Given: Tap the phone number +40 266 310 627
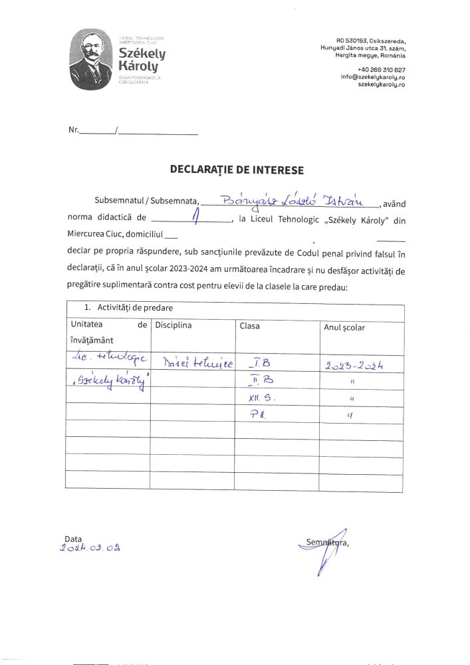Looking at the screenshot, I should point(381,70).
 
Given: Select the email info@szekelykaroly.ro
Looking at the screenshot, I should point(373,77).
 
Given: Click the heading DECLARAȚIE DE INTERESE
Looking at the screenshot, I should point(237,170).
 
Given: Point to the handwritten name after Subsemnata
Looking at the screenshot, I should point(293,198).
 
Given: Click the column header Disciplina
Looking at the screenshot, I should point(174,326).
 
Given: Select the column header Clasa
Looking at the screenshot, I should point(251,327).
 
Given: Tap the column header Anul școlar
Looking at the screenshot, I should point(344,327).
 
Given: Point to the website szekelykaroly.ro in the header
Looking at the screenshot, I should point(382,84).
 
